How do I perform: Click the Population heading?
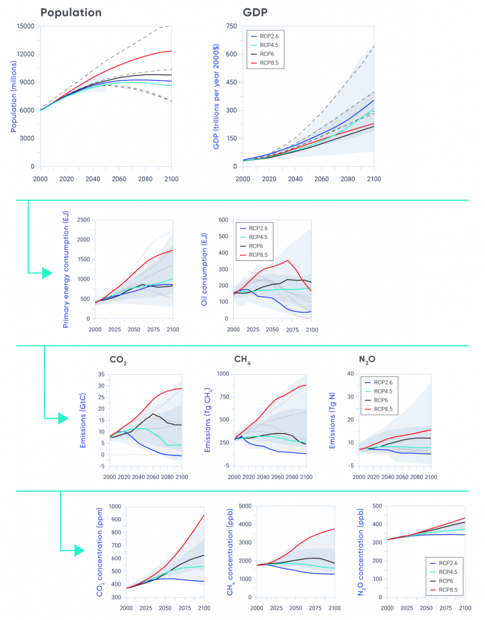71,12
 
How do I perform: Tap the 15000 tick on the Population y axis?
25,26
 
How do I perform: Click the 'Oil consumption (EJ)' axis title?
205,269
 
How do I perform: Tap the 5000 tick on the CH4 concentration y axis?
245,506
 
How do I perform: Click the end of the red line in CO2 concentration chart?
203,515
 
